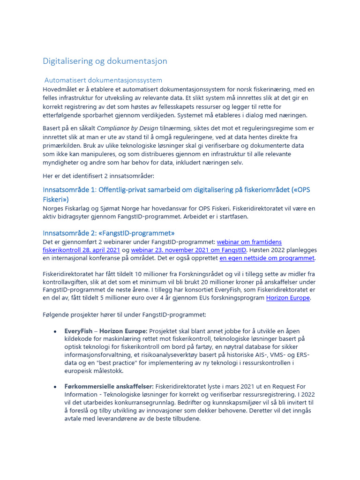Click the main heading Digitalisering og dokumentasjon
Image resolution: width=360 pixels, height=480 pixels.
pos(105,61)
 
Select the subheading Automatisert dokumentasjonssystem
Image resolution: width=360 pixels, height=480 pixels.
pos(103,80)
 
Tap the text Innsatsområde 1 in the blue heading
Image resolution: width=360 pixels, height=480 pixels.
pos(68,190)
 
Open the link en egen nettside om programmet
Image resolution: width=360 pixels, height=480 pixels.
pos(267,258)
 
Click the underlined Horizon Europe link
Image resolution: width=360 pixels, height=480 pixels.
pos(288,298)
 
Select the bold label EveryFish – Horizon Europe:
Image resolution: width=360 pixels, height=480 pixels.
pos(106,330)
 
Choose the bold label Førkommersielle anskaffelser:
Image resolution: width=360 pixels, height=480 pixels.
pos(109,387)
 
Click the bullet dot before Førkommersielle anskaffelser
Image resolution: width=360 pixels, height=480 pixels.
pos(56,387)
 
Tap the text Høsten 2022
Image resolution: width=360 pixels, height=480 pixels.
pos(269,250)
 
